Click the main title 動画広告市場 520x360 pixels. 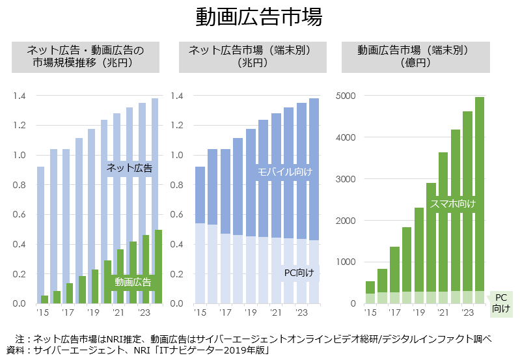(x=259, y=18)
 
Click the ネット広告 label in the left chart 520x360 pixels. (x=129, y=168)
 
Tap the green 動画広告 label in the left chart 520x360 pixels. (x=133, y=282)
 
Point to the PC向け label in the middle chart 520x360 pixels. (x=299, y=272)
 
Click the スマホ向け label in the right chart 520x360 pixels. (x=452, y=204)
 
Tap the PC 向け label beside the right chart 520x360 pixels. (x=500, y=303)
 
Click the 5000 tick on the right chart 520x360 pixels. (x=346, y=96)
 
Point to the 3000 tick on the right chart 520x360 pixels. (x=346, y=179)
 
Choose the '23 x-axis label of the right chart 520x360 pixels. (x=467, y=313)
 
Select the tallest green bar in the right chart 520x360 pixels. (x=479, y=195)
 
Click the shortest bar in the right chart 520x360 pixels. (x=370, y=292)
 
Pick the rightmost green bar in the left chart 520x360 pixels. (x=158, y=267)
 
